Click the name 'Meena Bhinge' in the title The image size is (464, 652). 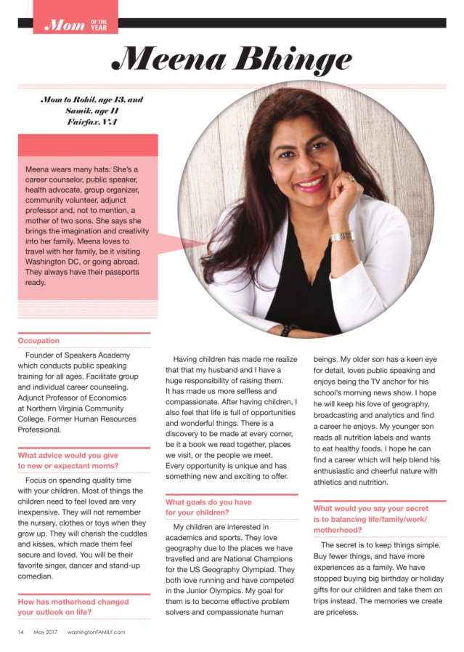click(232, 59)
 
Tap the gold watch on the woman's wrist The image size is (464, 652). click(341, 236)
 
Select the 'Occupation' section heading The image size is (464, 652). click(38, 340)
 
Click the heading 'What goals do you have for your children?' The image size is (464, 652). click(208, 507)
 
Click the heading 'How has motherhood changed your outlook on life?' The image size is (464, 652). click(73, 607)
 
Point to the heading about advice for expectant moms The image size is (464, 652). click(68, 461)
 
